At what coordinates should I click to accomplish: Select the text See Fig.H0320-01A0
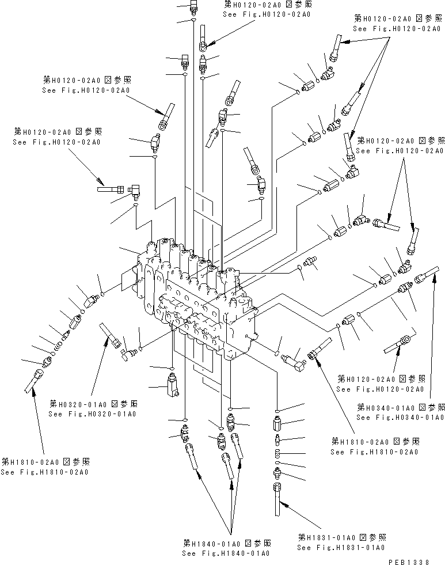(92, 414)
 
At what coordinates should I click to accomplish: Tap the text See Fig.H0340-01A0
(400, 417)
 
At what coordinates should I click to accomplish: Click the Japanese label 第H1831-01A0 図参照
(341, 537)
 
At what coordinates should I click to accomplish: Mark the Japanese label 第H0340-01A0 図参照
(400, 407)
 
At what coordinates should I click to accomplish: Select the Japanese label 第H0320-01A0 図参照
(92, 403)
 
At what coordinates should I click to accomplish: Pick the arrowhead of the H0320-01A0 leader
(106, 340)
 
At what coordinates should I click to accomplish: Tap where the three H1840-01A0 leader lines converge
(231, 534)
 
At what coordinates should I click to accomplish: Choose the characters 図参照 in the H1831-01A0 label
(373, 537)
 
